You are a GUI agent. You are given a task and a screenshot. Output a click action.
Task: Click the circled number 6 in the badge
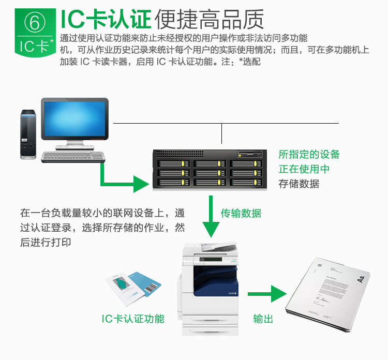click(x=35, y=22)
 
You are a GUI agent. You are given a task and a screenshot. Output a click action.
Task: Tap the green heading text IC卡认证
click(x=106, y=19)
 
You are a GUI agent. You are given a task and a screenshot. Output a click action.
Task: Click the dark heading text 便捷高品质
click(x=209, y=19)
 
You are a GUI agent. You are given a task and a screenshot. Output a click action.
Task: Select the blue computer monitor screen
click(x=74, y=119)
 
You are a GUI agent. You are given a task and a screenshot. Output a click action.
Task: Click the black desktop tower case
click(x=28, y=134)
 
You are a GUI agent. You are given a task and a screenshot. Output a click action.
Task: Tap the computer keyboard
click(x=73, y=157)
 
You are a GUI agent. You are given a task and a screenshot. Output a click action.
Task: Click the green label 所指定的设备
click(x=309, y=154)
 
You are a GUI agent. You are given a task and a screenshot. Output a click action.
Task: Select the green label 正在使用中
click(x=304, y=169)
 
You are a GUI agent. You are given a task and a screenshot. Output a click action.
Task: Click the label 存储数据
click(x=299, y=184)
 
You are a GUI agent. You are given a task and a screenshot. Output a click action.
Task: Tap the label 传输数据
click(x=241, y=213)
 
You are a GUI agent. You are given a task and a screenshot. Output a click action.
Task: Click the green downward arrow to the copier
click(x=211, y=217)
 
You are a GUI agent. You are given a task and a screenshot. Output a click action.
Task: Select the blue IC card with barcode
click(x=145, y=284)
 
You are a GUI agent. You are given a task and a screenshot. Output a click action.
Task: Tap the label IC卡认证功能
click(x=133, y=319)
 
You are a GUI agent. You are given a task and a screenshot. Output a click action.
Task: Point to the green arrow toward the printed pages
click(x=267, y=294)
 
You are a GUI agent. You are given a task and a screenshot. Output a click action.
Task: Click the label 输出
click(x=263, y=319)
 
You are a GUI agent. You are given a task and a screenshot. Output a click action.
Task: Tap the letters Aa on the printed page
click(x=361, y=279)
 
